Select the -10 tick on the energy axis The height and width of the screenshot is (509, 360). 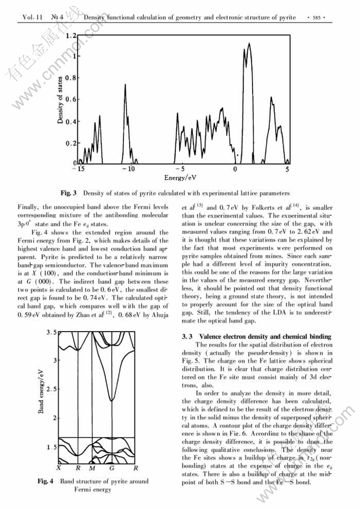click(x=128, y=169)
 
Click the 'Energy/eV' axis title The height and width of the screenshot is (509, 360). click(x=181, y=178)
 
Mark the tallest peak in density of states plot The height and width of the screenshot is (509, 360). click(x=249, y=44)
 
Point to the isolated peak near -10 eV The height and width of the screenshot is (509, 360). click(x=125, y=85)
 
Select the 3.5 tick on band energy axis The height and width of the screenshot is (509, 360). click(x=50, y=332)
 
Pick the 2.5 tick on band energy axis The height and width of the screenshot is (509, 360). click(x=50, y=389)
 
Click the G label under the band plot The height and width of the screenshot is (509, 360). click(x=112, y=468)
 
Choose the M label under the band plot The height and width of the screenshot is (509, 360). click(x=92, y=468)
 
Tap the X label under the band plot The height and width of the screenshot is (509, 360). click(x=59, y=468)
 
